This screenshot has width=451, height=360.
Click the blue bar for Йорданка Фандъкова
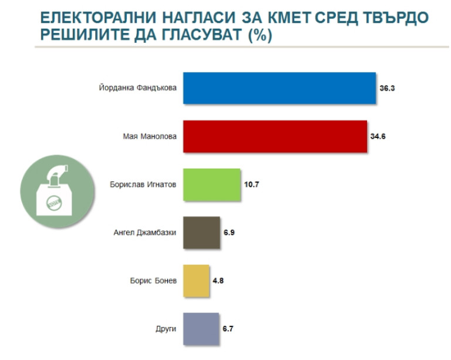280,88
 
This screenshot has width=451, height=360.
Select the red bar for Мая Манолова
275,136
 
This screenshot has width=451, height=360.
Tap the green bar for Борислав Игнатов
212,184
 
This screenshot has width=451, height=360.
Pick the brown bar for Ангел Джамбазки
202,233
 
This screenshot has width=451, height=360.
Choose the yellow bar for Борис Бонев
197,280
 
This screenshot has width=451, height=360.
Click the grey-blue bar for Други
201,328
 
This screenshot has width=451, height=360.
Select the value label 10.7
251,184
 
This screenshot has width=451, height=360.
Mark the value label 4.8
218,280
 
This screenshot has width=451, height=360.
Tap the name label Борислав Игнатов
143,184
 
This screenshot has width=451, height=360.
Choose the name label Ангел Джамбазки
144,233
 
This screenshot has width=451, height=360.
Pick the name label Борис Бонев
153,280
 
